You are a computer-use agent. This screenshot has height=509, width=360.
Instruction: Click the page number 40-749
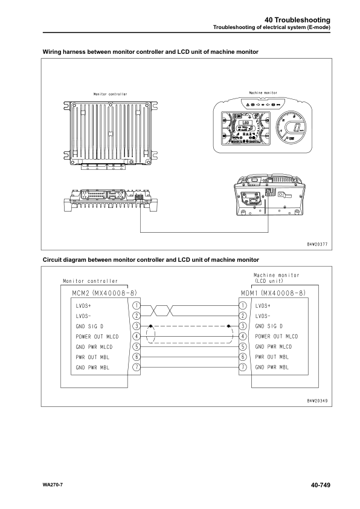(320, 485)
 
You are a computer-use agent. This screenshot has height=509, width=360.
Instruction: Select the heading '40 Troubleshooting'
(298, 20)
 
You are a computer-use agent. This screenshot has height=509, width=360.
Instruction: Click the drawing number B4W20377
(314, 244)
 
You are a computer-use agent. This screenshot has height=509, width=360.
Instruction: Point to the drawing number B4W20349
(314, 400)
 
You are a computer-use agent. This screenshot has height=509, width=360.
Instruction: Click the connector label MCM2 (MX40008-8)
(94, 293)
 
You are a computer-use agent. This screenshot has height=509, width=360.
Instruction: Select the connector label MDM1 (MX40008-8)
(272, 293)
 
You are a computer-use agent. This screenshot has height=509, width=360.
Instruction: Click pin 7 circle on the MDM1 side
(243, 367)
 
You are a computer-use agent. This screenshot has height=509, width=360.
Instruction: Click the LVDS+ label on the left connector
(83, 306)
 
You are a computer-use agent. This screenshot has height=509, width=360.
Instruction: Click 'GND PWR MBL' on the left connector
(92, 367)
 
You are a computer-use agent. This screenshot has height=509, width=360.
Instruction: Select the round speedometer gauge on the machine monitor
(294, 128)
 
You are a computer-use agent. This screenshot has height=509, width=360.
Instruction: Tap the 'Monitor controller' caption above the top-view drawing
(110, 94)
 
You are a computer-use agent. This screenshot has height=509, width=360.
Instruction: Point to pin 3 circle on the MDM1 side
(243, 326)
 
